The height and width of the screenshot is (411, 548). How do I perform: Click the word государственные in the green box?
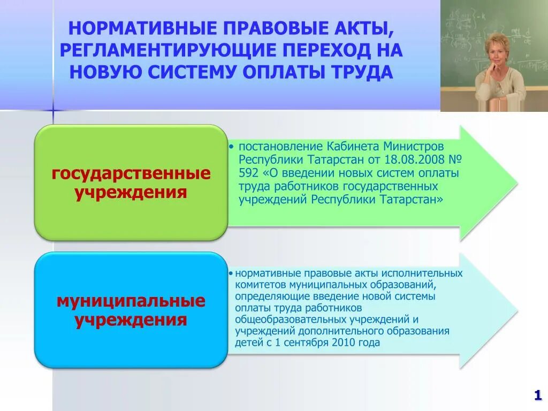coord(131,173)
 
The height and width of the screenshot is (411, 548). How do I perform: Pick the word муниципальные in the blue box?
coord(131,301)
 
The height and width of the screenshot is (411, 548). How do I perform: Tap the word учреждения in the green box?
coord(131,193)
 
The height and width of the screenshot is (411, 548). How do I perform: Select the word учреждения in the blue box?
coord(131,320)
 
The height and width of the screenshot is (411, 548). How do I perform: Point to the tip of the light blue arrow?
coord(516,310)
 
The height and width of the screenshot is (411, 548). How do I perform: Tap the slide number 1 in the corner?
coord(537,395)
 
